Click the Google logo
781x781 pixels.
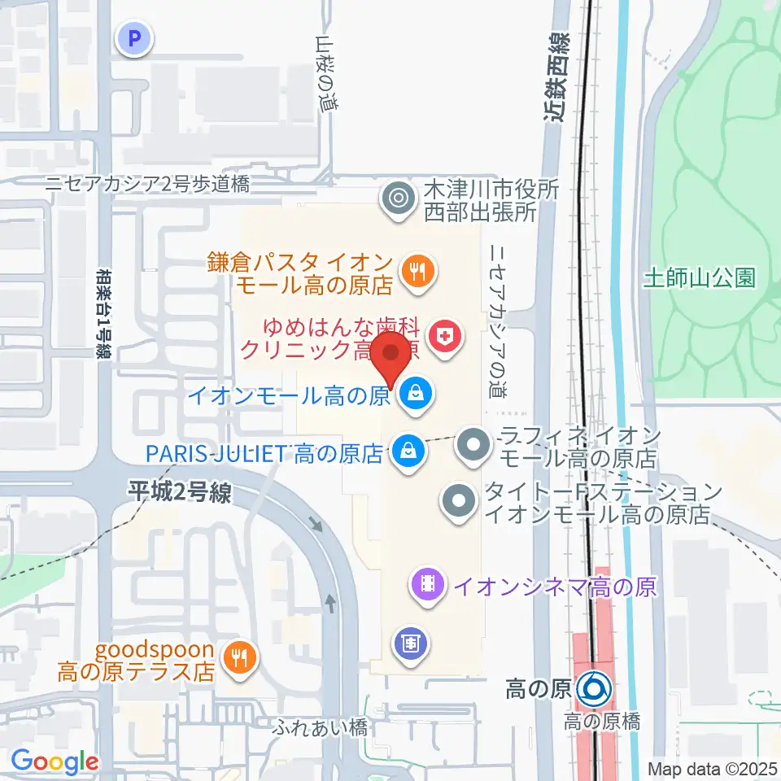pyautogui.click(x=55, y=762)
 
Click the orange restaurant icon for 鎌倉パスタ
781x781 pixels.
pyautogui.click(x=418, y=272)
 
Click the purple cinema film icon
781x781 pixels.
pyautogui.click(x=429, y=583)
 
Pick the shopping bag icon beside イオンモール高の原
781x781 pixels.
pyautogui.click(x=417, y=395)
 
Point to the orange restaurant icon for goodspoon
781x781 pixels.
pyautogui.click(x=238, y=657)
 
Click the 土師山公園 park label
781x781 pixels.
pyautogui.click(x=710, y=278)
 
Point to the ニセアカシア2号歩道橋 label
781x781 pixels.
pyautogui.click(x=146, y=184)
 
